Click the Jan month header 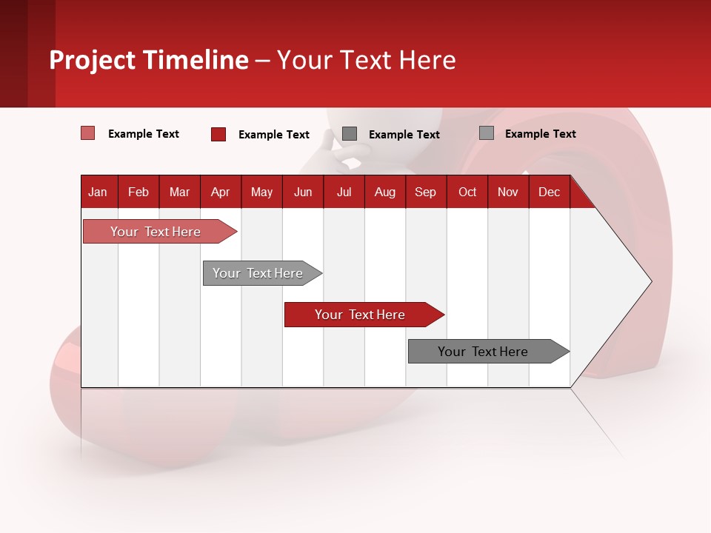coord(98,192)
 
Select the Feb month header coord(138,192)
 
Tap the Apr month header coord(220,192)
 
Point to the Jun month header coord(303,192)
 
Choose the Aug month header coord(384,192)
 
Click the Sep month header coord(425,192)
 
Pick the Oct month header coord(467,192)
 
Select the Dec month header coord(549,192)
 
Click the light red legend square coord(87,133)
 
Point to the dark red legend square coord(218,134)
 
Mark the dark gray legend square coord(350,133)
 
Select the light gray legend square coord(487,133)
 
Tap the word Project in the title coord(93,60)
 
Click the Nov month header coord(508,192)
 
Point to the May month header coord(261,192)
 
